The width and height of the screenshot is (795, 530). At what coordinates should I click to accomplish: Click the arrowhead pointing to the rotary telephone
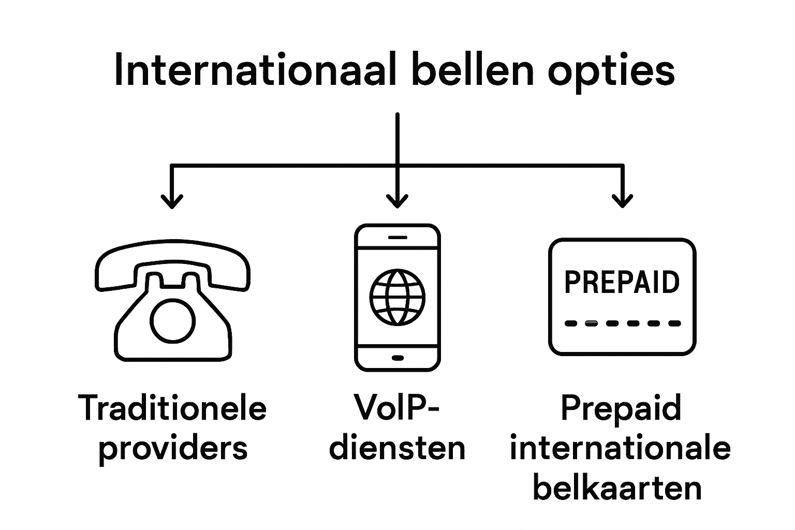point(172,200)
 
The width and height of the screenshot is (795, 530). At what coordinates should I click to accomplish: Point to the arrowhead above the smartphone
point(397,200)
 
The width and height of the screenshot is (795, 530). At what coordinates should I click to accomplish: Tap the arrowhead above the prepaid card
point(622,200)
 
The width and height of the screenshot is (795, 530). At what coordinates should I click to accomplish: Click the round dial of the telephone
point(173,320)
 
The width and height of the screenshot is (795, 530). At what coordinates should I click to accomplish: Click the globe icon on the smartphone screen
point(397,297)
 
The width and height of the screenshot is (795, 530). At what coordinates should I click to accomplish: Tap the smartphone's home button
point(397,358)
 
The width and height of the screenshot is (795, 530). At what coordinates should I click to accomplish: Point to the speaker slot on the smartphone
point(397,237)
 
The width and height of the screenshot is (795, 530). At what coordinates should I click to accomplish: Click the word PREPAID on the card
point(622,282)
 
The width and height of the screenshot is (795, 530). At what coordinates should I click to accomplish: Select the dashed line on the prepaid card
point(622,323)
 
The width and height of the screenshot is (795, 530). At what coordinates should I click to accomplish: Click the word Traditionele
point(172,408)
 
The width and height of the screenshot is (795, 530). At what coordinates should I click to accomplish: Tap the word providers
point(173,448)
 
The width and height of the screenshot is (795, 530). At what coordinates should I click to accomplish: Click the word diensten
point(397,448)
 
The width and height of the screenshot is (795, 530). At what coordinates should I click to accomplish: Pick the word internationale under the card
point(620,448)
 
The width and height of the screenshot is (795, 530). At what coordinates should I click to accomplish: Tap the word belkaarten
point(617,488)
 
